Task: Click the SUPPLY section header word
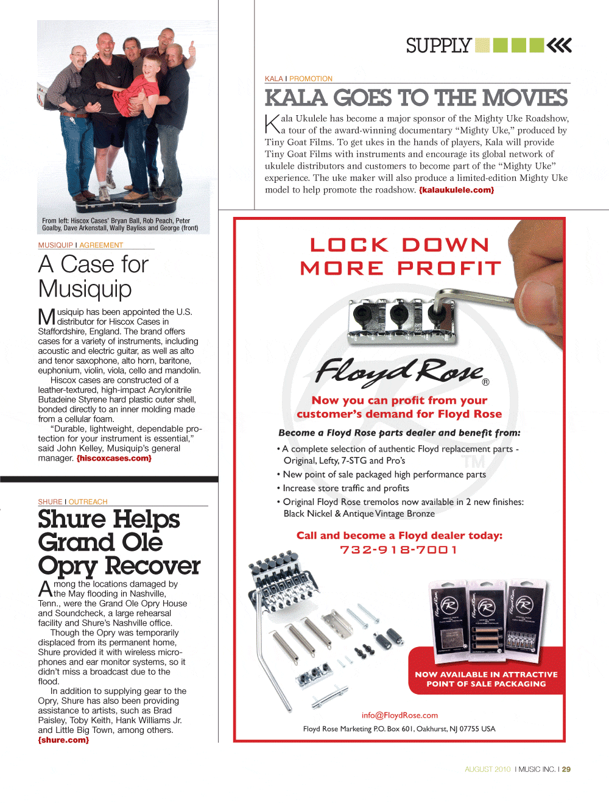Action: pos(438,46)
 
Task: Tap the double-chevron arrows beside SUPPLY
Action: pos(559,46)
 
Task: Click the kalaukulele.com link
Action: pos(456,190)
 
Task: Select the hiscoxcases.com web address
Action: pos(114,458)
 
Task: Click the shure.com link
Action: pos(63,740)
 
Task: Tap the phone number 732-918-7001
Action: pos(399,550)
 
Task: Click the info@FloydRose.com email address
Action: pos(400,715)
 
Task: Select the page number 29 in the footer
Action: pos(566,769)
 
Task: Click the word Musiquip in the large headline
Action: pos(85,289)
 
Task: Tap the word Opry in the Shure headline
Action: pos(67,566)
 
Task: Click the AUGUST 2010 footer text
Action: pos(487,769)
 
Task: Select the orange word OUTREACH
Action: pos(88,502)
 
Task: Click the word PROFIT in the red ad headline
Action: pos(449,268)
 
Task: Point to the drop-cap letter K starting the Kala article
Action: pos(272,124)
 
